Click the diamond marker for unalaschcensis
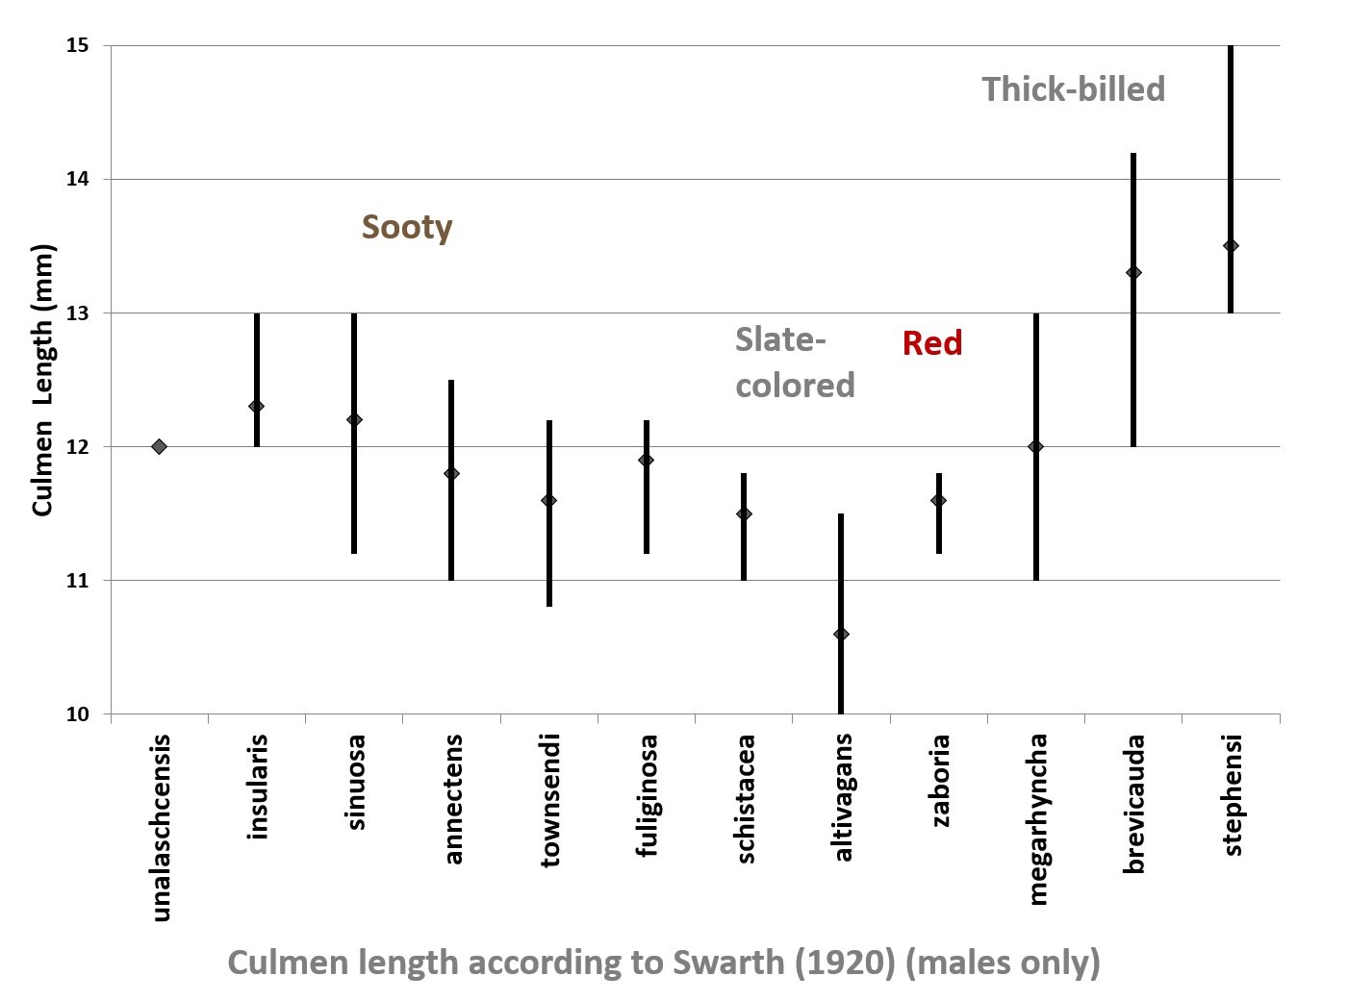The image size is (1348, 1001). (x=160, y=446)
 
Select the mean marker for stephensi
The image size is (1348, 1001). (x=1231, y=245)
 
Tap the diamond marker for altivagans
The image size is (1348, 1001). (x=841, y=634)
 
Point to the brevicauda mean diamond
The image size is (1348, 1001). (x=1133, y=272)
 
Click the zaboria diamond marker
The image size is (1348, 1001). (x=938, y=500)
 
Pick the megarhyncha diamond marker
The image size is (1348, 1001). (x=1035, y=446)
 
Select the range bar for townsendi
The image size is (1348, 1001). (x=548, y=558)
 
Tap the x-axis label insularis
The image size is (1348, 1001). (x=257, y=787)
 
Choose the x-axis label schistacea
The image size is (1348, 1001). (x=744, y=798)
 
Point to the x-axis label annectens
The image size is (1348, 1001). (x=452, y=798)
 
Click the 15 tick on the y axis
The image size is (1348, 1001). (x=77, y=45)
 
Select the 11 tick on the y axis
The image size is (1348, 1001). (x=77, y=581)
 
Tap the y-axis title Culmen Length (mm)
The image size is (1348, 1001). (x=43, y=380)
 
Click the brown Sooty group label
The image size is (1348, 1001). (x=407, y=228)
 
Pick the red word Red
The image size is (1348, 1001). (x=932, y=343)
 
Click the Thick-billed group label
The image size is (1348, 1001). (x=1073, y=89)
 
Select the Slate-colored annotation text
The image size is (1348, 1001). (x=795, y=363)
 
